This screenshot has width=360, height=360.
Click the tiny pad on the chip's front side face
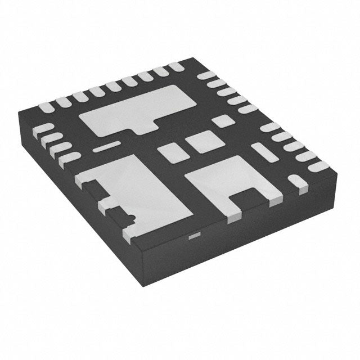(193, 236)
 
